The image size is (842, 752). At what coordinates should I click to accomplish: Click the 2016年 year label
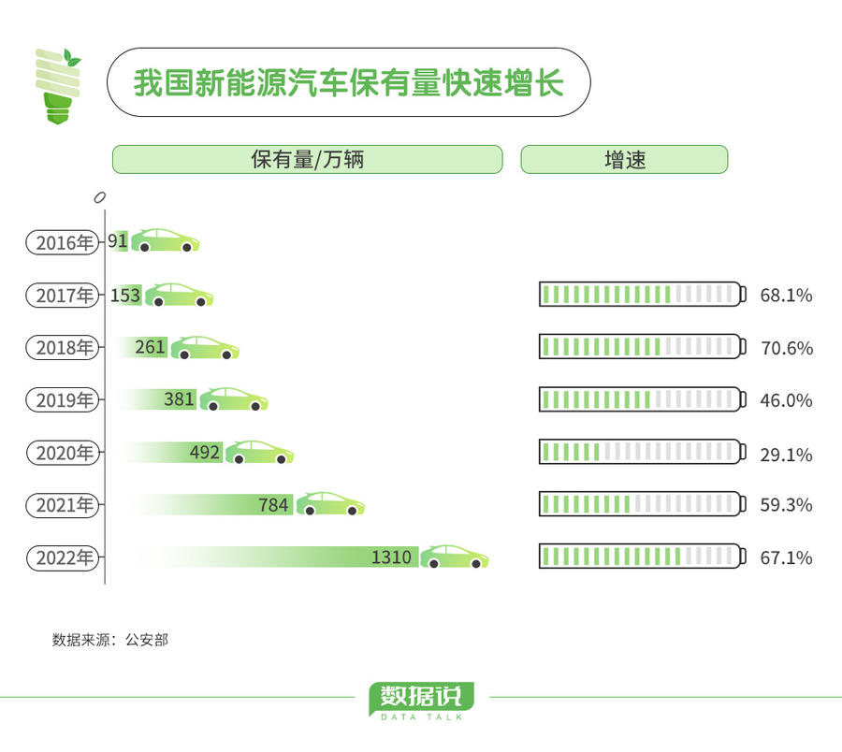point(63,242)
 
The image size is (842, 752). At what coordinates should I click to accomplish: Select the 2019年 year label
point(63,400)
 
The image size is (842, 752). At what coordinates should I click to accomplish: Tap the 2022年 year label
point(63,557)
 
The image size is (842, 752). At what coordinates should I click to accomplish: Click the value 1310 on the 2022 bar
point(391,557)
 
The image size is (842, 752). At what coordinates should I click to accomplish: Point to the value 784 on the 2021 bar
point(273,504)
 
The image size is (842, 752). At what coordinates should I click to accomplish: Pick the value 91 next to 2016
point(118,240)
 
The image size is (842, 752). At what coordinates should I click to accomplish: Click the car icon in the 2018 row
point(205,347)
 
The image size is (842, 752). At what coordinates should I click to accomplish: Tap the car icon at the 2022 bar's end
point(455,557)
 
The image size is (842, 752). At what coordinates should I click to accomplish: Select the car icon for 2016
point(166,240)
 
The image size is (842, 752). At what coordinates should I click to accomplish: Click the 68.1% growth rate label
point(786,296)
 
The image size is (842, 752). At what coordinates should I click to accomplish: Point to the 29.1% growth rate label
point(786,455)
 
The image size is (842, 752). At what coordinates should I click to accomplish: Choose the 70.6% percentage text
point(786,348)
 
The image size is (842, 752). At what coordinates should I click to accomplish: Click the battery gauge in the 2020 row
point(642,452)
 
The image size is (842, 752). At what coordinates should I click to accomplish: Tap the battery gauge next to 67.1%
point(642,556)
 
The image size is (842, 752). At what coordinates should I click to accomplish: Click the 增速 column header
point(625,159)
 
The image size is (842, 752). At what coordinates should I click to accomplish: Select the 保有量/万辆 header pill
point(307,159)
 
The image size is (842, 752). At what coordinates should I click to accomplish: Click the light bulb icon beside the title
point(58,86)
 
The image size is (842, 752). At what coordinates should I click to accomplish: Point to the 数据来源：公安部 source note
point(110,640)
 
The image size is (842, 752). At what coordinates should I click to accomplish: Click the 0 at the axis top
point(99,197)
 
